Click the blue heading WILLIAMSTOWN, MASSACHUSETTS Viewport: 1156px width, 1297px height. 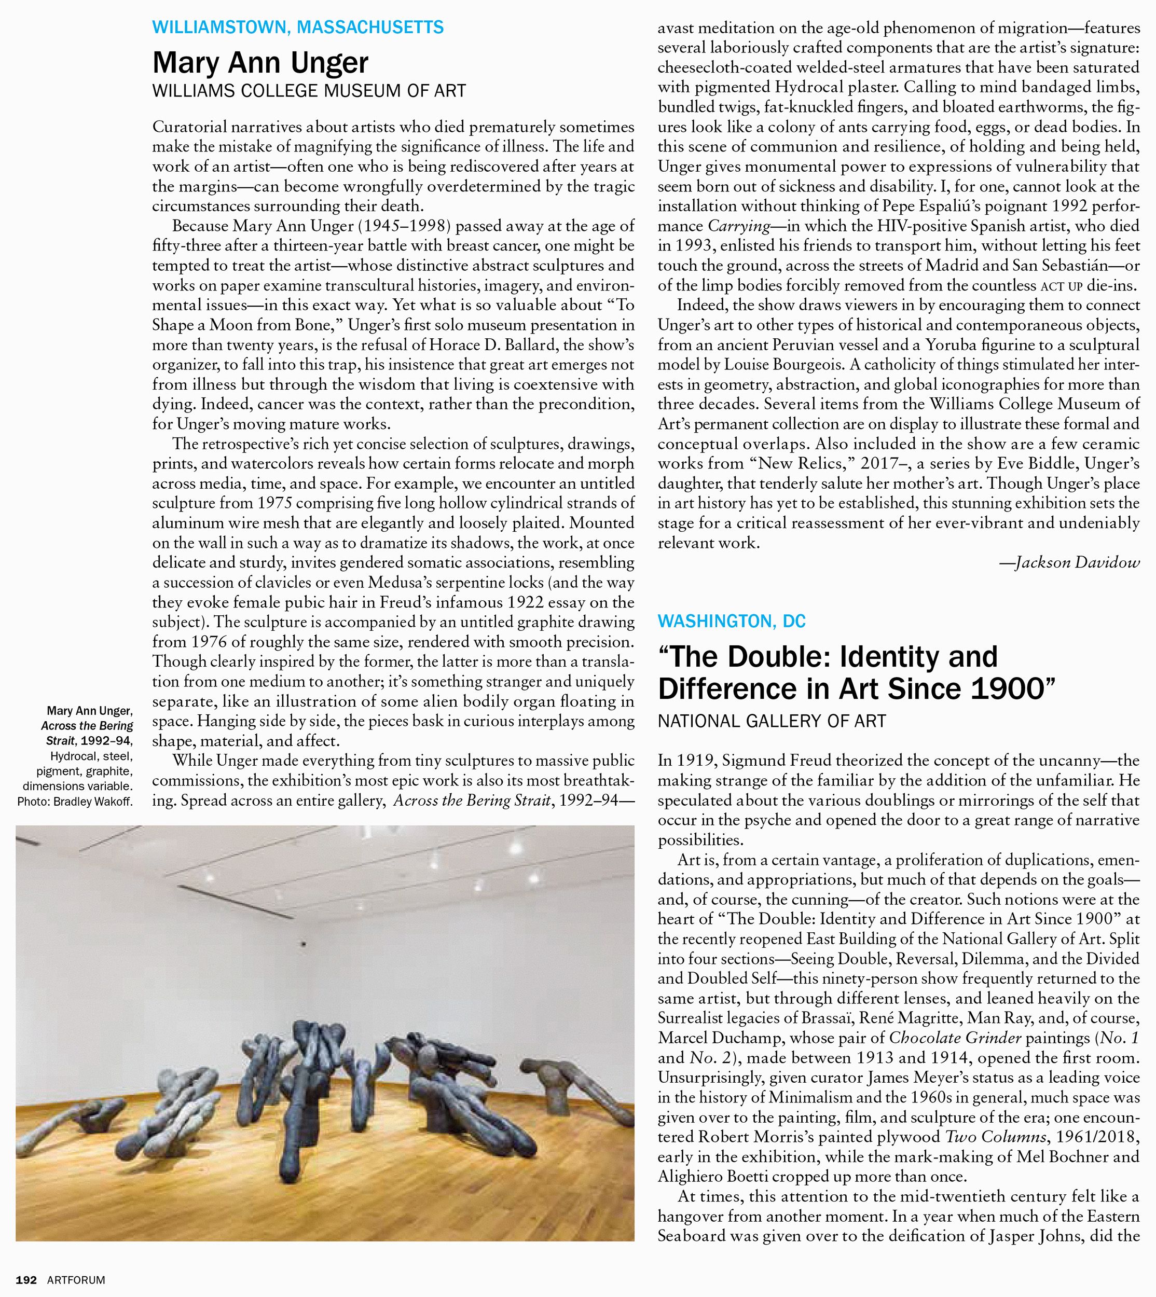coord(298,27)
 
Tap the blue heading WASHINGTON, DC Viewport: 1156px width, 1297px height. coord(731,621)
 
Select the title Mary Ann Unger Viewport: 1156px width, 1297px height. coord(260,62)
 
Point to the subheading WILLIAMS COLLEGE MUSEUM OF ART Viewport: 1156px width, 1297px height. coord(309,91)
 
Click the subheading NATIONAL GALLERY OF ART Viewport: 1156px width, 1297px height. coord(771,722)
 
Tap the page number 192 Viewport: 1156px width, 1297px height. coord(26,1280)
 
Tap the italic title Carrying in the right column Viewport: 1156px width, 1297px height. coord(737,226)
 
